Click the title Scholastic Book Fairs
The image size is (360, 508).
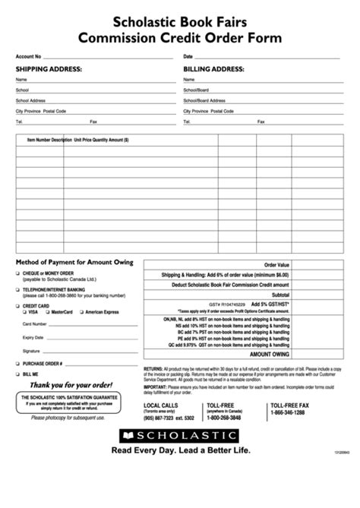tap(179, 22)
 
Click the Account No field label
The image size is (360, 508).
tap(29, 57)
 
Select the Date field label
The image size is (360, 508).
tap(188, 57)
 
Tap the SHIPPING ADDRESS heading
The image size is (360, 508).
tap(49, 69)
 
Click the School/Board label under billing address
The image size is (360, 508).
tap(195, 90)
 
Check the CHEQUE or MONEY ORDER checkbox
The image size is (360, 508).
tap(17, 273)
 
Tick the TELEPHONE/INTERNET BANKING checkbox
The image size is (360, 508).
tap(17, 289)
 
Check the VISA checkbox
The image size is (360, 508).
tap(25, 312)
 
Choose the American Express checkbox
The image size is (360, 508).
tap(81, 312)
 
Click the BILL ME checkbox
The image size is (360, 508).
tap(17, 374)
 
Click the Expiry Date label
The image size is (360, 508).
tap(33, 337)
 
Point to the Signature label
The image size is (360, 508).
tap(31, 351)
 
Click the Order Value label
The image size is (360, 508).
tap(276, 265)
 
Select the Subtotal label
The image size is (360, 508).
tap(280, 294)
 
